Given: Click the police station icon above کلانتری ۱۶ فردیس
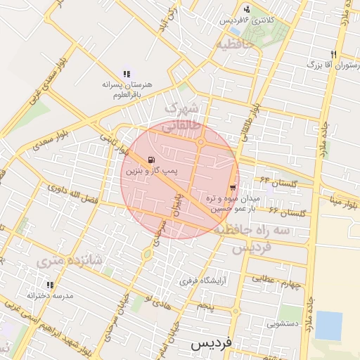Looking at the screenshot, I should point(247,9).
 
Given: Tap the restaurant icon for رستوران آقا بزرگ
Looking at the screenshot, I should point(333,54).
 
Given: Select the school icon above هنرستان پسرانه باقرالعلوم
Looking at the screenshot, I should point(127,73).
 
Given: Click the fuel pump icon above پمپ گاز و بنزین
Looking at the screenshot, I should point(153,160).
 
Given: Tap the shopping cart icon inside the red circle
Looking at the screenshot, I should point(232,188).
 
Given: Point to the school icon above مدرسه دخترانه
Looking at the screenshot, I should point(50,285).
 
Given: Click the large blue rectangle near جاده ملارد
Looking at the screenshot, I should point(328,325).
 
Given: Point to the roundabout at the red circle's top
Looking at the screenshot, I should point(200,143).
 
